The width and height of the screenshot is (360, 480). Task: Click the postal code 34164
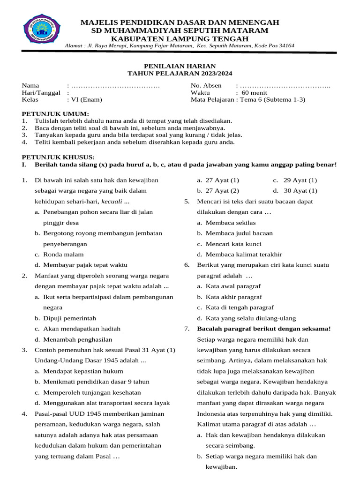285,45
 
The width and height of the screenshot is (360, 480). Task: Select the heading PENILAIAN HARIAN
180,66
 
